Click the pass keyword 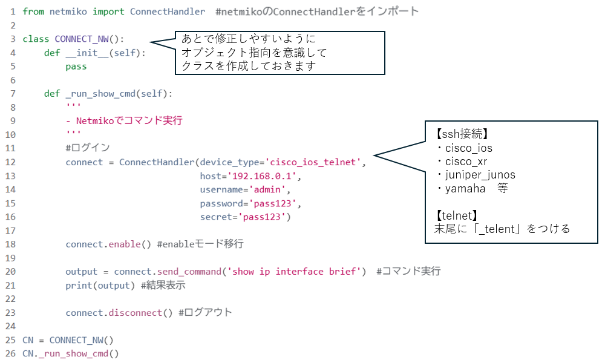pyautogui.click(x=76, y=67)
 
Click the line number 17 pyautogui.click(x=10, y=231)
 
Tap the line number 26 pyautogui.click(x=10, y=353)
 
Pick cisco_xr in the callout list pyautogui.click(x=466, y=161)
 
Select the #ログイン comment pyautogui.click(x=87, y=148)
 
